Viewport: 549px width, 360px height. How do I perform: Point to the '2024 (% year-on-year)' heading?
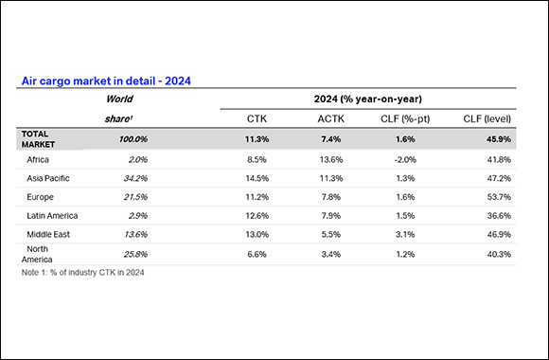point(368,98)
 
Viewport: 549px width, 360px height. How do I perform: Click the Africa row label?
point(39,160)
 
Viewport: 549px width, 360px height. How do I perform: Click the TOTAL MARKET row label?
point(40,138)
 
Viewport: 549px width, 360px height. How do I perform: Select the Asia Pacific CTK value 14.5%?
point(256,178)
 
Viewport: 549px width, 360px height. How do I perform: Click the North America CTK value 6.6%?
point(256,254)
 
